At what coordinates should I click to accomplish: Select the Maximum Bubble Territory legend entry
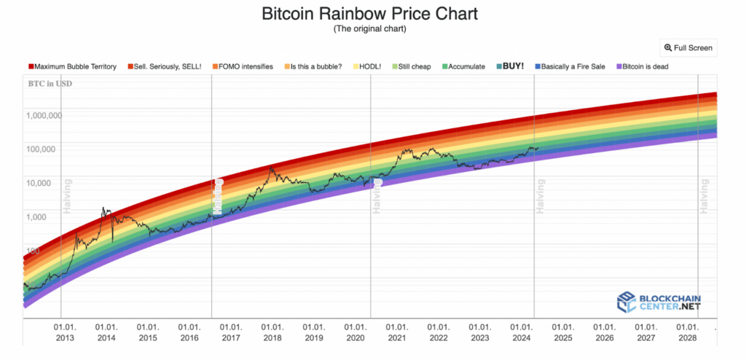[x=72, y=66]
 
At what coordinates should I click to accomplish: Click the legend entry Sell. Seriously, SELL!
[x=164, y=66]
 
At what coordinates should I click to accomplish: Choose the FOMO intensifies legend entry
[x=243, y=66]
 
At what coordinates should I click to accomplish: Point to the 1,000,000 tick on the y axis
[x=44, y=115]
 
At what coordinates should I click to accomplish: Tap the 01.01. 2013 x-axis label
[x=65, y=333]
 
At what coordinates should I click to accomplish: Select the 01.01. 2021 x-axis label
[x=396, y=333]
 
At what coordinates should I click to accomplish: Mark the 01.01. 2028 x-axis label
[x=686, y=333]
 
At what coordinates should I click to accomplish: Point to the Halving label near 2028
[x=704, y=195]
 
